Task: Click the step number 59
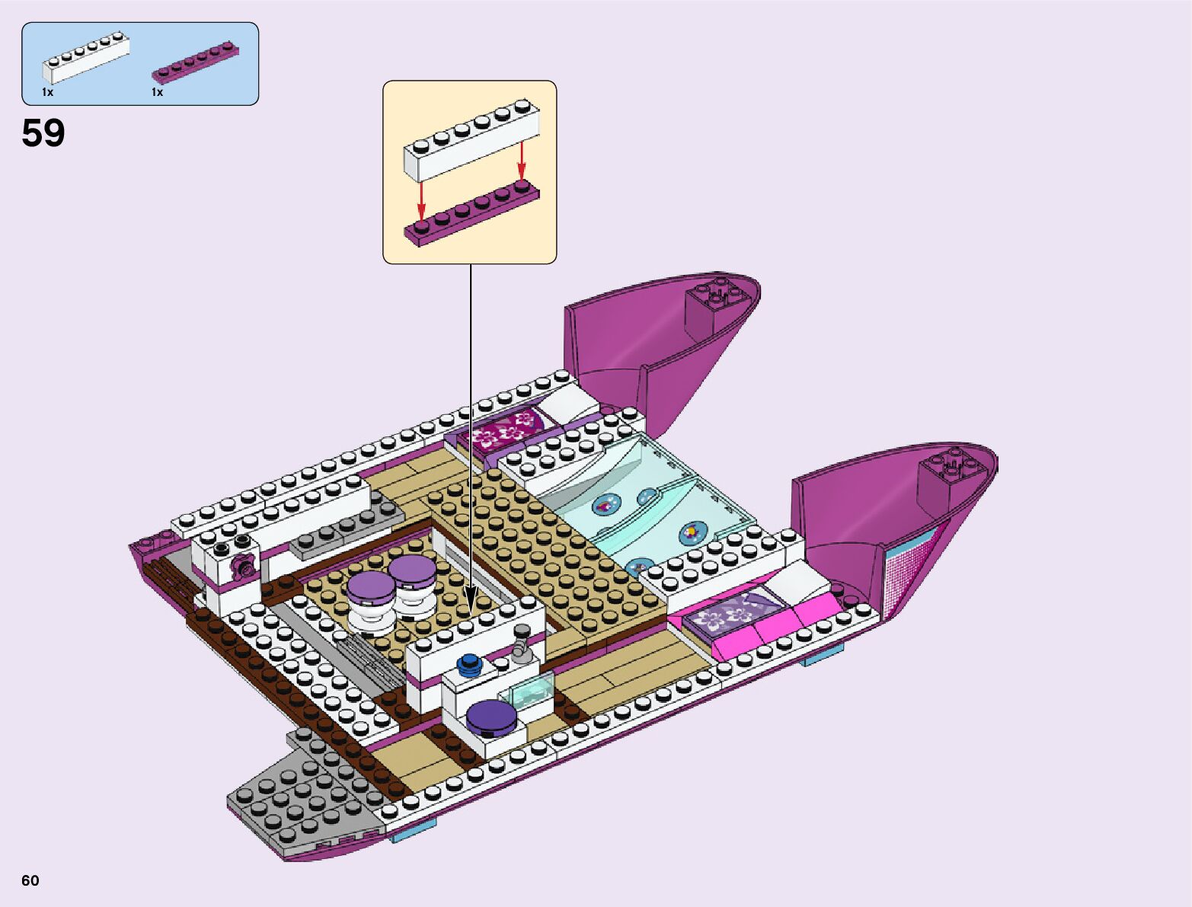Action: [x=43, y=133]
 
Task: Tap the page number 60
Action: [x=30, y=880]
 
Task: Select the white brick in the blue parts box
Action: [x=85, y=58]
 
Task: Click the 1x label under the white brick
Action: [x=48, y=92]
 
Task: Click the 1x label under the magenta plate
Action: [x=158, y=92]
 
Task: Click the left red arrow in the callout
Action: [x=420, y=200]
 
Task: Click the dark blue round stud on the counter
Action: [x=469, y=663]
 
